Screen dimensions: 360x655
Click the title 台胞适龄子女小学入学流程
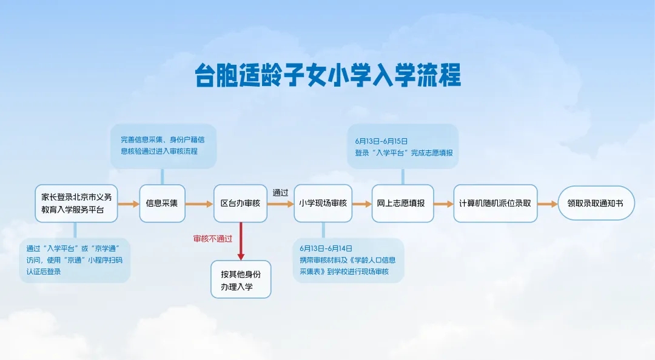(x=327, y=75)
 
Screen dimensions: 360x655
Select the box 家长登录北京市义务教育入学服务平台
(x=76, y=204)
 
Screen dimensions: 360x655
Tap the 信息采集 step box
(x=162, y=204)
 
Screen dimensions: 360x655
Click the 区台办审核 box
(x=241, y=204)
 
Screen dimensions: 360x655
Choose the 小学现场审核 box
(x=323, y=204)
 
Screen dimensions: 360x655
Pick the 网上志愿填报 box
(x=403, y=204)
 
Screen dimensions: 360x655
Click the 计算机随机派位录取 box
(x=495, y=204)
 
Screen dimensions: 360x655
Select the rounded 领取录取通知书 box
(x=596, y=204)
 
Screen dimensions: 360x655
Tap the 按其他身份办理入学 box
(x=241, y=279)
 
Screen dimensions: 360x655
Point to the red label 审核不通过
(x=212, y=239)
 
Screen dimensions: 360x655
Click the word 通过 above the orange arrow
(x=280, y=193)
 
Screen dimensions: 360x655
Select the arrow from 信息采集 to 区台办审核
(x=199, y=204)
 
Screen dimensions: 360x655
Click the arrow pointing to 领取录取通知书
(x=547, y=204)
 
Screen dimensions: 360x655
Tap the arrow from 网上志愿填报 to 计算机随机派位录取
(x=443, y=204)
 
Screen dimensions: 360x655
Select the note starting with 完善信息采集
(x=163, y=145)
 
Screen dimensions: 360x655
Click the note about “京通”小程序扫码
(x=75, y=260)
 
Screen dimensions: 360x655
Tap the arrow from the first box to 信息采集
(x=128, y=204)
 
